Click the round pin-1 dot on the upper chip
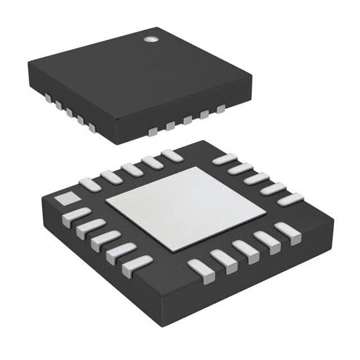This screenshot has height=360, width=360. (x=149, y=39)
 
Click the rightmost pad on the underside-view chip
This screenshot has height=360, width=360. (x=290, y=199)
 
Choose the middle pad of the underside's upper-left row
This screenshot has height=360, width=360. (x=132, y=169)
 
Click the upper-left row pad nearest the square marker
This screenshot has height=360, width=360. (x=90, y=184)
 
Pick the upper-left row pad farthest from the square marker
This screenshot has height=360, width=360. (x=171, y=155)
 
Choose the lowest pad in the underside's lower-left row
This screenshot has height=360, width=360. (x=137, y=264)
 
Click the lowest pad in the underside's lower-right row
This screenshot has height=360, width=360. (x=198, y=268)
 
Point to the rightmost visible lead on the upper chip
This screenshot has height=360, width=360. (x=220, y=107)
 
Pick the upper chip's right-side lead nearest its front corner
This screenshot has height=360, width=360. (x=152, y=132)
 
